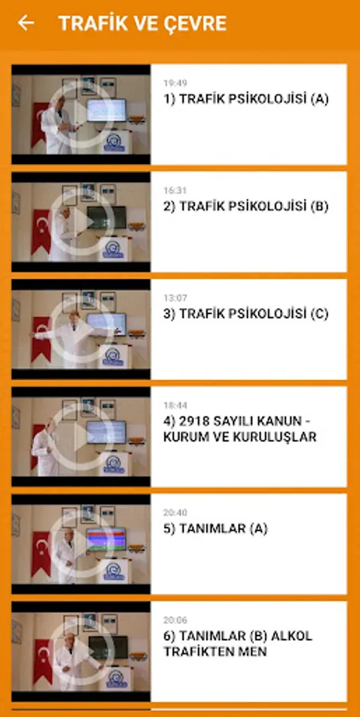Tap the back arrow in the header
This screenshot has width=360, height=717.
[x=25, y=23]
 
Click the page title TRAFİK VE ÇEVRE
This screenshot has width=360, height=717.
[x=143, y=23]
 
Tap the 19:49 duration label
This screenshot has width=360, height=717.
[x=175, y=83]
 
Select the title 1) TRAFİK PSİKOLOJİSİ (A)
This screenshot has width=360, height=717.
[x=246, y=100]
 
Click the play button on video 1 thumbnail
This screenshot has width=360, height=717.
[x=81, y=114]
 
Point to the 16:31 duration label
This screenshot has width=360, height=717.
[x=175, y=190]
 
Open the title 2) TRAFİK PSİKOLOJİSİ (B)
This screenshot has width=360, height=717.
[x=246, y=206]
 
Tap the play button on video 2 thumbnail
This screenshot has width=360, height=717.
[x=81, y=221]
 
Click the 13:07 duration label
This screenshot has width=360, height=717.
[x=175, y=298]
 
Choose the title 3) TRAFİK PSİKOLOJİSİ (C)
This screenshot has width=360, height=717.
[x=246, y=314]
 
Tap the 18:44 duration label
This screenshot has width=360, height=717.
[x=175, y=406]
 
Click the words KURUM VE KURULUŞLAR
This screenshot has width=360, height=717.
[x=240, y=437]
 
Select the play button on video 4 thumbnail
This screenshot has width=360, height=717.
[x=81, y=437]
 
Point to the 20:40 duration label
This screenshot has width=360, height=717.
[x=175, y=512]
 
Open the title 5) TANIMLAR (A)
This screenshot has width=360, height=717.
[x=216, y=529]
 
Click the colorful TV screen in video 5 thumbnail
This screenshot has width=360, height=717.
[x=106, y=539]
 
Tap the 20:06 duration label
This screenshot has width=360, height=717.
[x=175, y=620]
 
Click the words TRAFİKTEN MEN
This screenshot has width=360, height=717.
[x=215, y=652]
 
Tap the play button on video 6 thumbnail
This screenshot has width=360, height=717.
[x=81, y=652]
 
